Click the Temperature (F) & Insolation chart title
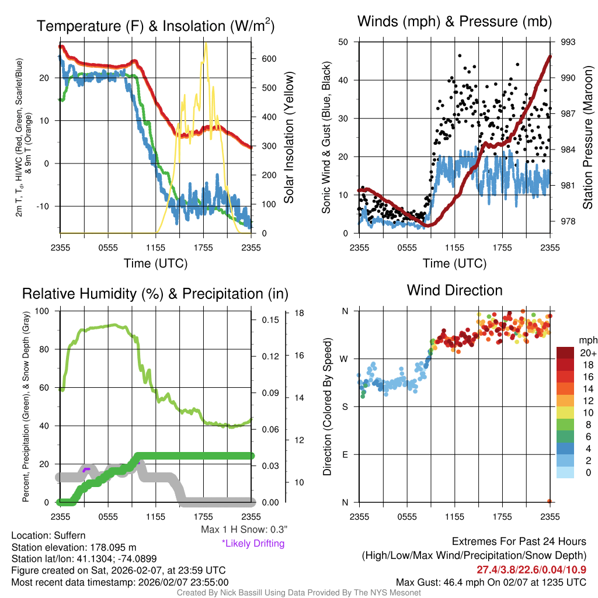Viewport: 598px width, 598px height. click(155, 26)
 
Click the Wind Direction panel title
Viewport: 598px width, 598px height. click(454, 290)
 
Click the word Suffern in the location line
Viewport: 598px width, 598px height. click(69, 536)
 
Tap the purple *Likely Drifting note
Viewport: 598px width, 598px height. click(253, 543)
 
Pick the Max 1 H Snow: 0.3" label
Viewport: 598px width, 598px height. click(244, 530)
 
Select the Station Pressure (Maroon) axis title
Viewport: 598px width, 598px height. click(588, 137)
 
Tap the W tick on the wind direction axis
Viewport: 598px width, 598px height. click(345, 359)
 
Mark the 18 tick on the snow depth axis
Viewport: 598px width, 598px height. click(300, 314)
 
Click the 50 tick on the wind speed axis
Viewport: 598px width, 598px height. click(344, 42)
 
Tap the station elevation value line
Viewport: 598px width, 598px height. click(74, 547)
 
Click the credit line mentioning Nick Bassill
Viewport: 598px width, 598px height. click(298, 593)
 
